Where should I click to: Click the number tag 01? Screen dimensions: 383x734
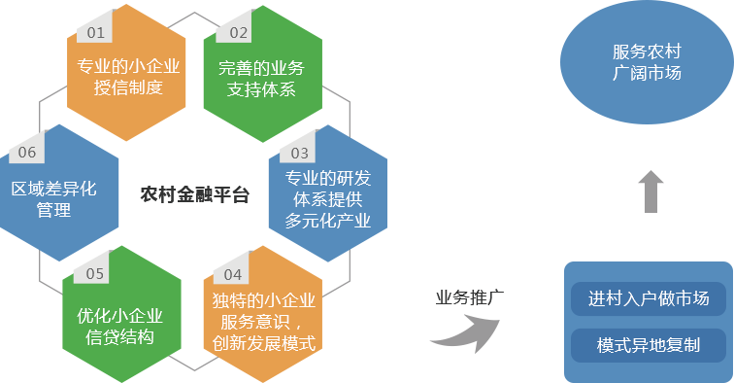tap(95, 32)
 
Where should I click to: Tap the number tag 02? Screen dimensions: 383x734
tap(238, 32)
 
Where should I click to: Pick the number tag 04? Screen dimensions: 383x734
tap(232, 274)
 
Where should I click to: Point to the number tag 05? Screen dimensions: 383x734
tap(94, 273)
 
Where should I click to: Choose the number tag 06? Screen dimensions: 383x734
tap(26, 153)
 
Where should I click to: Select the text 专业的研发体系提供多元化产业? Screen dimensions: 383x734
tap(328, 199)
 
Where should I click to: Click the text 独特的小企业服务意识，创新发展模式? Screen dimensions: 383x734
tap(262, 321)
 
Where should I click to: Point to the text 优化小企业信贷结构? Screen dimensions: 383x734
tap(119, 326)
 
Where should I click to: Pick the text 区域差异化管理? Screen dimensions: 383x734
tap(54, 198)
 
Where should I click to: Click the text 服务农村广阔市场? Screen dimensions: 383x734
tap(646, 62)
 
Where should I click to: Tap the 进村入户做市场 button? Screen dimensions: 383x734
tap(648, 298)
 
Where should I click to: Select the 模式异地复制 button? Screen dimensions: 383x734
tap(648, 345)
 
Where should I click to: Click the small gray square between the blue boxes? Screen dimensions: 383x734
tap(651, 191)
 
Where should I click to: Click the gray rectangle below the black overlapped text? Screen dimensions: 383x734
tap(464, 333)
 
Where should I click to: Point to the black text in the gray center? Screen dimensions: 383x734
tap(194, 193)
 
